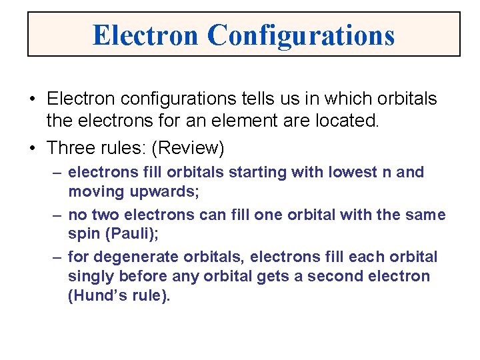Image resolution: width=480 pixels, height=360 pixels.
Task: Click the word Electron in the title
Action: tap(146, 35)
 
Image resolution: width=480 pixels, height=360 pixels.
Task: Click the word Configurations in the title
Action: tap(301, 35)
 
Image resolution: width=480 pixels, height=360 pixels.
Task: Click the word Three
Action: tap(71, 147)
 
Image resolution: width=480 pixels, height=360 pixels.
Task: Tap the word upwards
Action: tap(151, 192)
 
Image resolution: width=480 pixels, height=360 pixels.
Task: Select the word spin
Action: tap(82, 235)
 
